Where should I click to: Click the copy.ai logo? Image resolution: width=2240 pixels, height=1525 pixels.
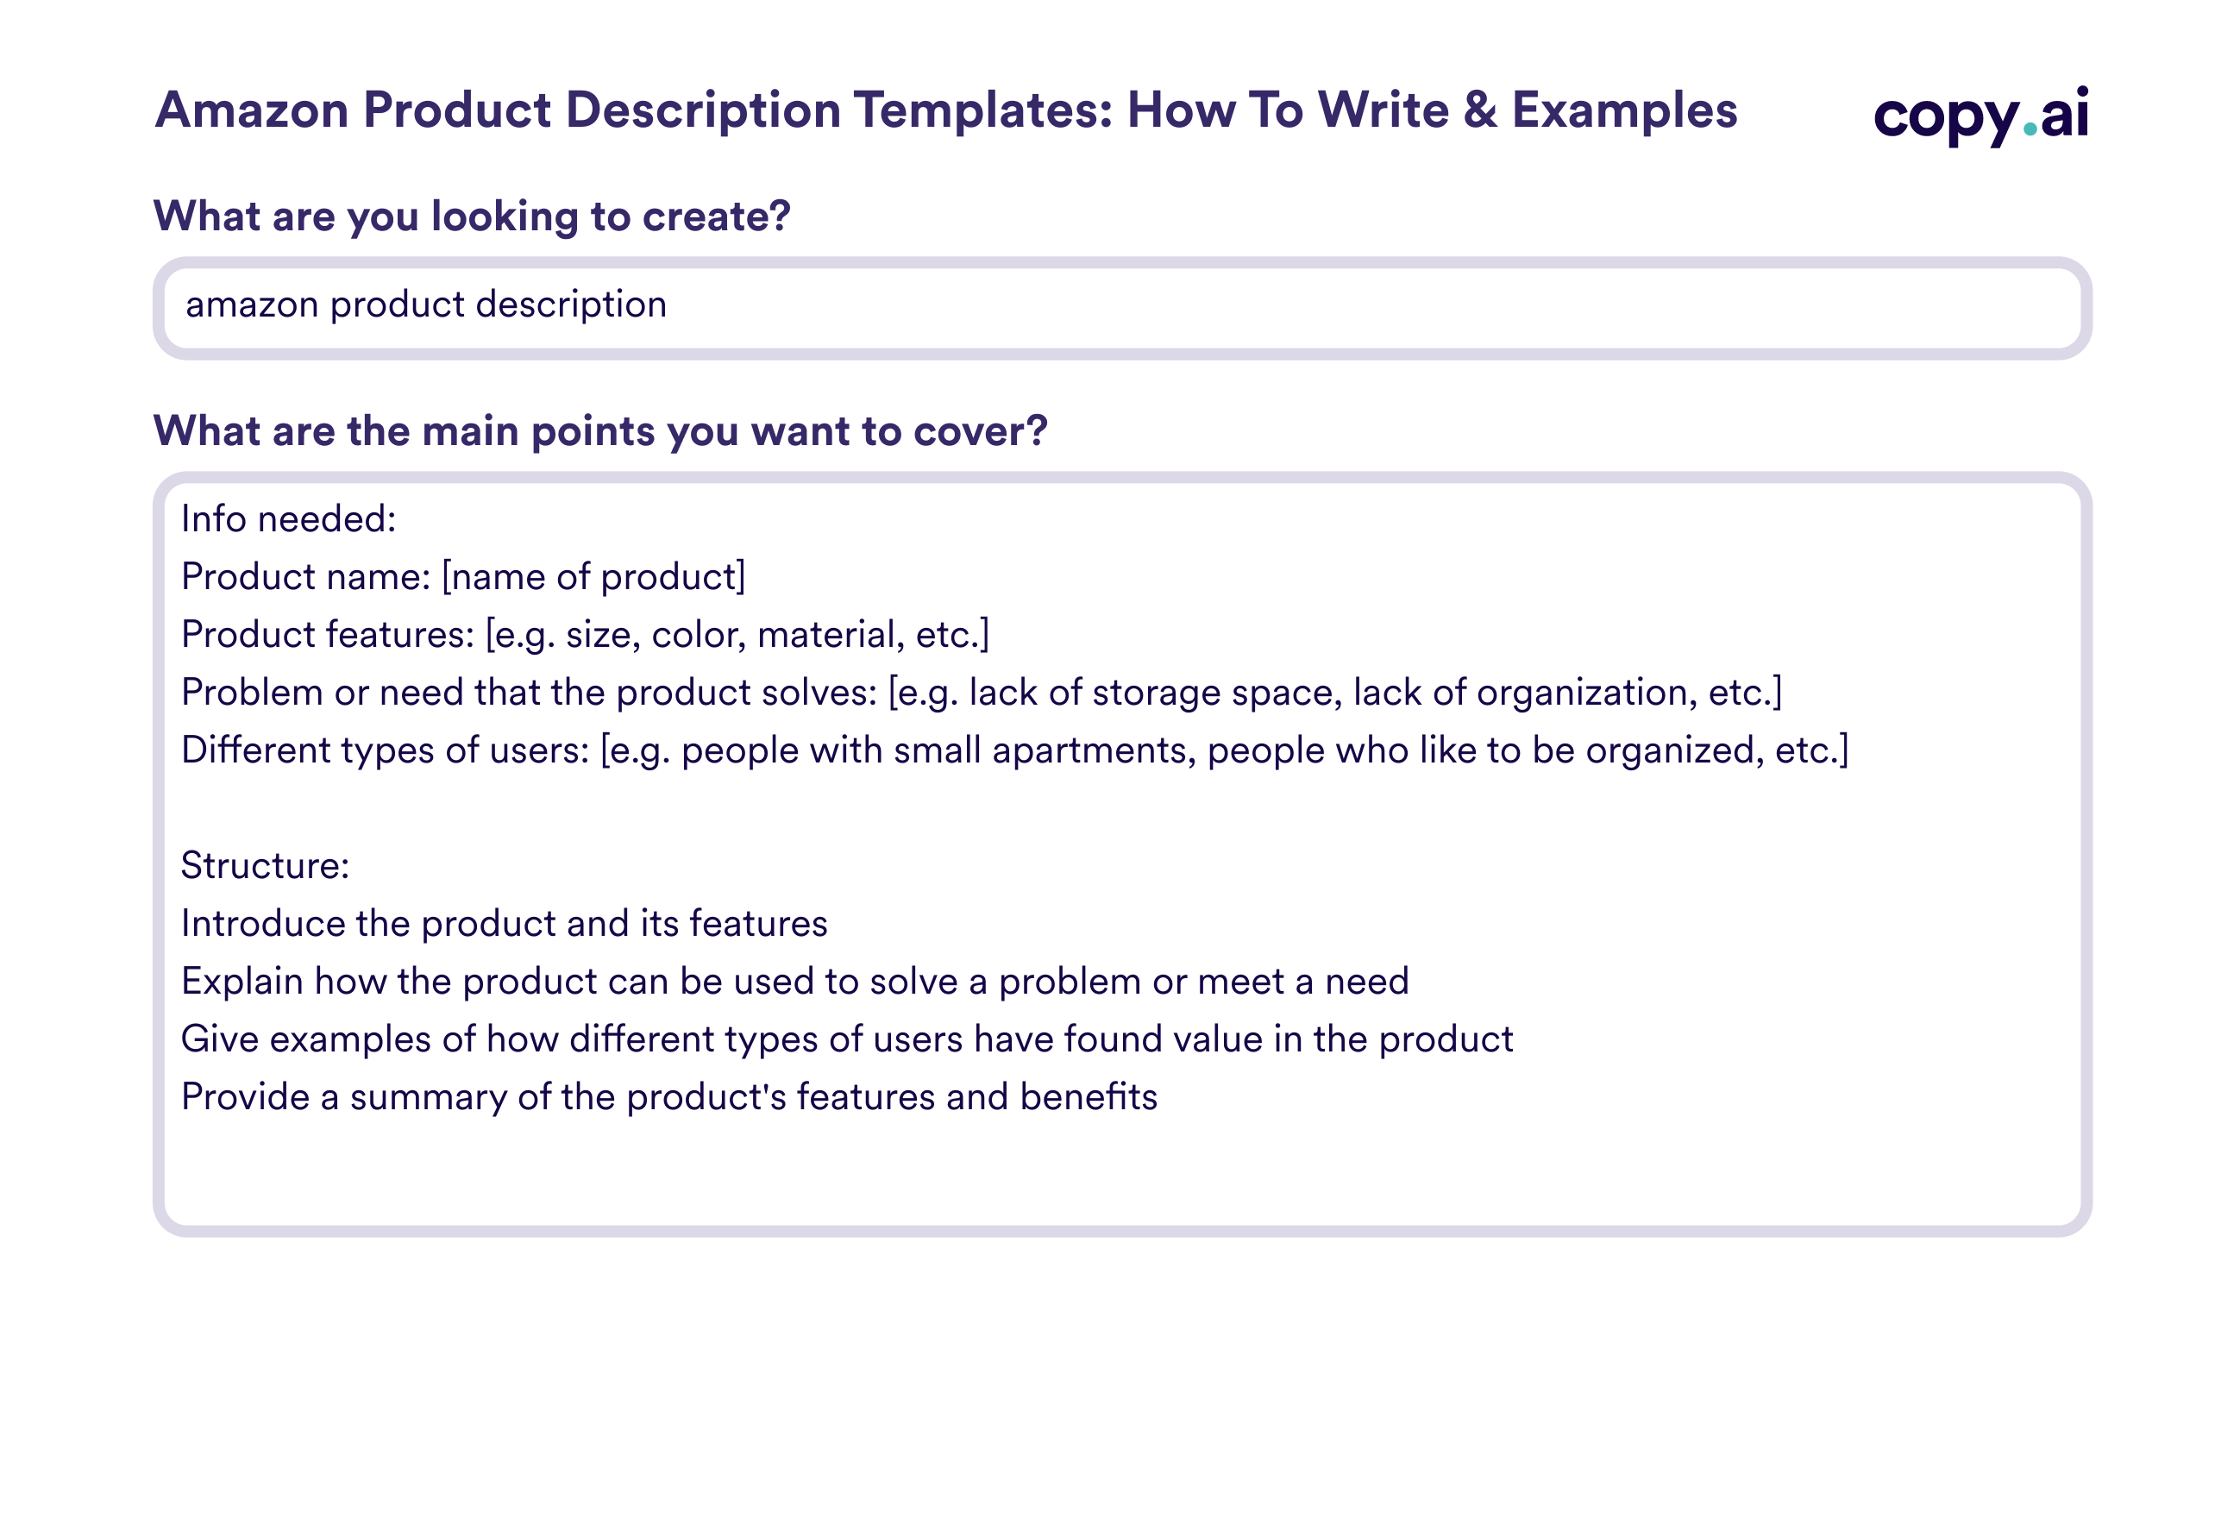pyautogui.click(x=1980, y=115)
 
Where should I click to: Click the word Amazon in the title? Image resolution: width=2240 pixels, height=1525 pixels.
pyautogui.click(x=252, y=110)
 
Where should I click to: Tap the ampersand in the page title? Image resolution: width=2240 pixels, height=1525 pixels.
pyautogui.click(x=1479, y=110)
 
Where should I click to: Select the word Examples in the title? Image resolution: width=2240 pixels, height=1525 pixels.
pyautogui.click(x=1624, y=110)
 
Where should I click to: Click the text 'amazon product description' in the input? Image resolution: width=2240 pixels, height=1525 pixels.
pyautogui.click(x=426, y=304)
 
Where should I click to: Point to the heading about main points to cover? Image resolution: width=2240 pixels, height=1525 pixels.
pyautogui.click(x=599, y=431)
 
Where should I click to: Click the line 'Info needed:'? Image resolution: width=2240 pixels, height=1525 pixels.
pyautogui.click(x=288, y=519)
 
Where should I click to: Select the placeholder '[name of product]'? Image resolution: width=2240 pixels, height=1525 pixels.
pyautogui.click(x=593, y=577)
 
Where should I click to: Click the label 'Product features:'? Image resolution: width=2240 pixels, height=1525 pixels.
pyautogui.click(x=328, y=635)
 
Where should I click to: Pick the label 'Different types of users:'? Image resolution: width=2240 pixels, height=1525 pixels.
pyautogui.click(x=385, y=751)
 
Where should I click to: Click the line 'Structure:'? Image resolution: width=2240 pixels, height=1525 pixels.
pyautogui.click(x=265, y=866)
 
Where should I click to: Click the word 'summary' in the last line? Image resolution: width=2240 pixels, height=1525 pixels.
pyautogui.click(x=428, y=1097)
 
